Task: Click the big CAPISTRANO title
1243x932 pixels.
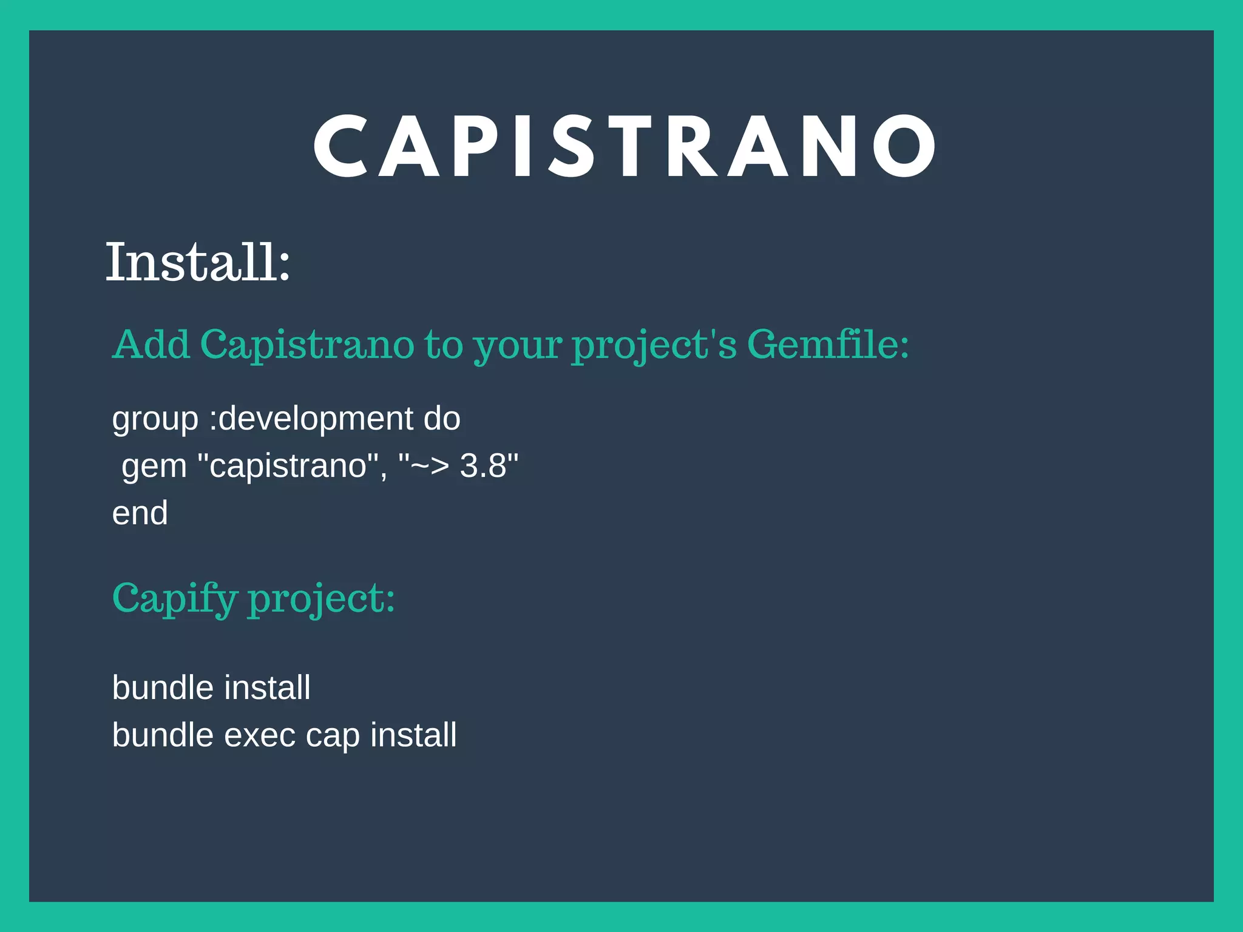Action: click(x=625, y=147)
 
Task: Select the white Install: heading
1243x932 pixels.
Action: click(x=198, y=262)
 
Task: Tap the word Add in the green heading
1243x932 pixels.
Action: click(x=151, y=345)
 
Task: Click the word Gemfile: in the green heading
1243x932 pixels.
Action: click(x=828, y=345)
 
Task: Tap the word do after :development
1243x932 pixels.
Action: click(x=442, y=419)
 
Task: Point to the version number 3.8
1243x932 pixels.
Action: click(x=483, y=466)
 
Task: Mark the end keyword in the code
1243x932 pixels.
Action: click(x=140, y=513)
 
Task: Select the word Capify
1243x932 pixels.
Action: click(x=175, y=599)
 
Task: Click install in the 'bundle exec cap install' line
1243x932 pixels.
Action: click(x=413, y=735)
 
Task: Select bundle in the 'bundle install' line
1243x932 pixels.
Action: click(x=163, y=687)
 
